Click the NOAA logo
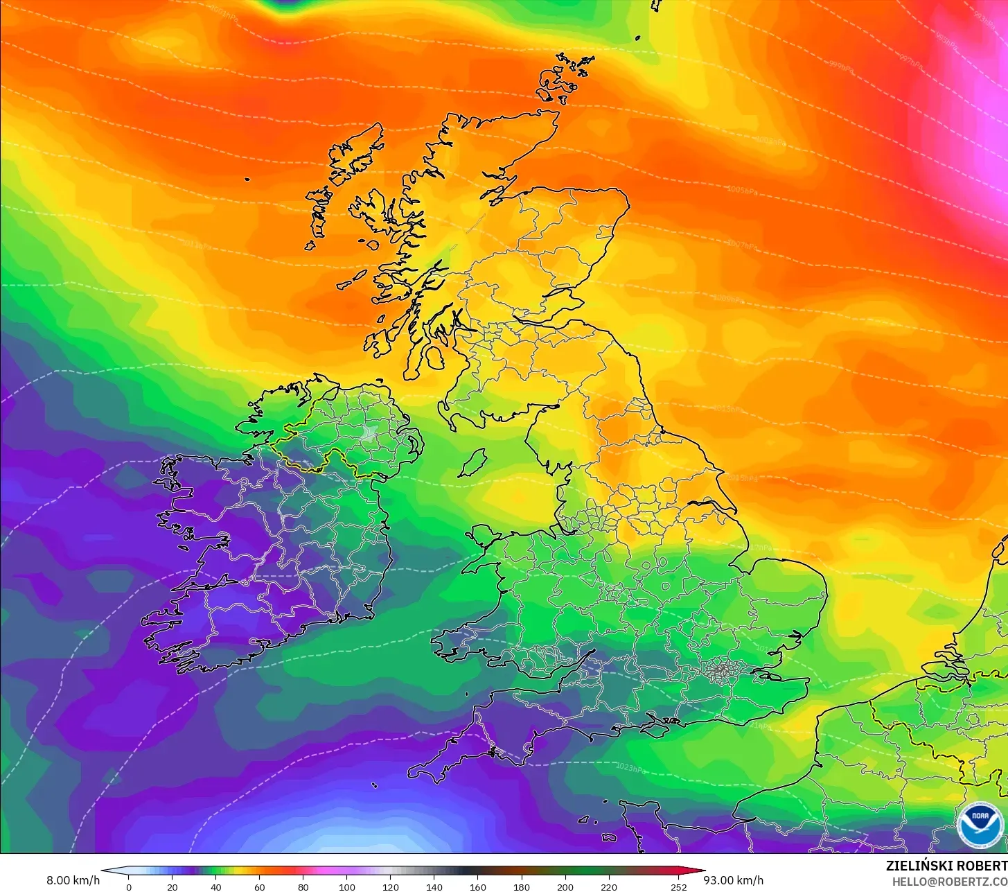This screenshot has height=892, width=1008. tap(979, 825)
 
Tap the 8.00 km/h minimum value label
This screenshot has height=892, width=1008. tap(73, 880)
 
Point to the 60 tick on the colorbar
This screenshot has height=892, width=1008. tap(259, 886)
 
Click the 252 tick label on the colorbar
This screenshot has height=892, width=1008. tap(679, 886)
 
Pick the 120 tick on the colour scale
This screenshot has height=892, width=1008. tap(391, 886)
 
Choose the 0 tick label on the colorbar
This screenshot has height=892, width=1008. tap(128, 886)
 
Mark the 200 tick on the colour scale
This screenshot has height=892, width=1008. tap(565, 886)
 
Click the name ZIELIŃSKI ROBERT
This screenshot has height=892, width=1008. tap(946, 866)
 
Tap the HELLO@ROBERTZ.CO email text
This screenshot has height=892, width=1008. tap(949, 881)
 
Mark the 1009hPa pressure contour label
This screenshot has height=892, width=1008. tap(729, 299)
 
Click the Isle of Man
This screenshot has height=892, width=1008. tap(472, 463)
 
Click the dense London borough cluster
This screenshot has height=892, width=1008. tap(722, 670)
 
